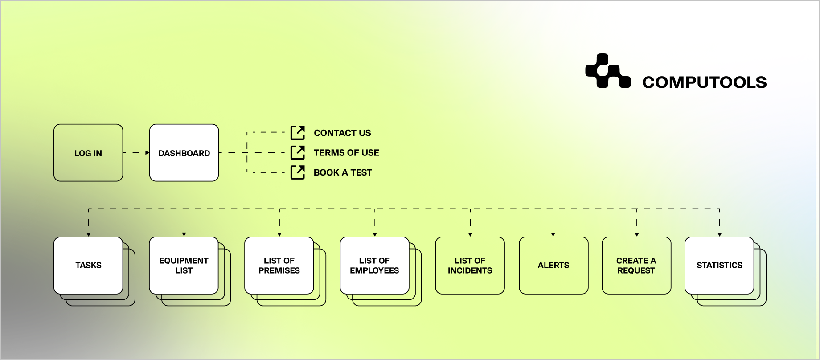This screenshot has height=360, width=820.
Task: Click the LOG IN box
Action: point(88,153)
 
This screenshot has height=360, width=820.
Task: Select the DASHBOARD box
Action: point(184,153)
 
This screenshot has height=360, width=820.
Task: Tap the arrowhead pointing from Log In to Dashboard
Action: point(147,153)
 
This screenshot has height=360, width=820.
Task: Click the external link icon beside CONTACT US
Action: point(298,133)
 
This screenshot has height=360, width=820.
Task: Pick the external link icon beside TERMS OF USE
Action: point(298,152)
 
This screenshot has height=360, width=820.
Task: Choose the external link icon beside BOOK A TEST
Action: point(298,172)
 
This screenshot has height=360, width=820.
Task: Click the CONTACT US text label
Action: point(342,133)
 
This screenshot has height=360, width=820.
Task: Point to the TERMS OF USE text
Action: point(346,152)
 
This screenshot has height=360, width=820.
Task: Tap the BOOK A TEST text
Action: point(343,172)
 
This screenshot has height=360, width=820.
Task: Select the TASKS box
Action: point(88,266)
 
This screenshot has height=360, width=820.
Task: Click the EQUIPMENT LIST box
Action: point(184,266)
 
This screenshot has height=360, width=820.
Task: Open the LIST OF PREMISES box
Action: point(279,266)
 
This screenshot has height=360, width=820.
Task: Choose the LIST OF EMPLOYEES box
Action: point(374,266)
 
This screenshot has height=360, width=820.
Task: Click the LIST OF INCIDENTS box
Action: point(470,266)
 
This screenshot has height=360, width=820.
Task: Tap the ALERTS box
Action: point(553,266)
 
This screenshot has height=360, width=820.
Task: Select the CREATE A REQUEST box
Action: point(636,266)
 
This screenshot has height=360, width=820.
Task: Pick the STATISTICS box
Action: point(719,266)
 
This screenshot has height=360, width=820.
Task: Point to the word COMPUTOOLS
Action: point(704,82)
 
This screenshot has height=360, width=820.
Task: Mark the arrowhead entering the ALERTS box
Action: point(553,234)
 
